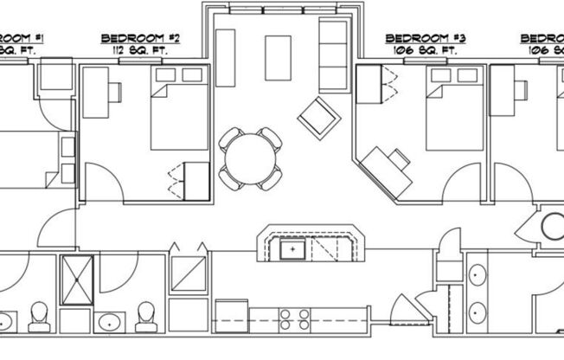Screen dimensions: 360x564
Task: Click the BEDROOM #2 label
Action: point(140,39)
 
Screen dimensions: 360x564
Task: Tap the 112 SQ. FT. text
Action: point(140,50)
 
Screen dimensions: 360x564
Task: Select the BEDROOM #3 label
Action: point(426,39)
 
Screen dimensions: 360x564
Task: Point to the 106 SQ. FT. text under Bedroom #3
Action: point(426,50)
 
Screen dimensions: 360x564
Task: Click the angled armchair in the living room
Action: point(317,117)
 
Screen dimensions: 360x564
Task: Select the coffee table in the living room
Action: point(278,57)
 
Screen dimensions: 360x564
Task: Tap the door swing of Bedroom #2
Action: point(101,186)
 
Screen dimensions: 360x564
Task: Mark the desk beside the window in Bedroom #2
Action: point(94,93)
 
